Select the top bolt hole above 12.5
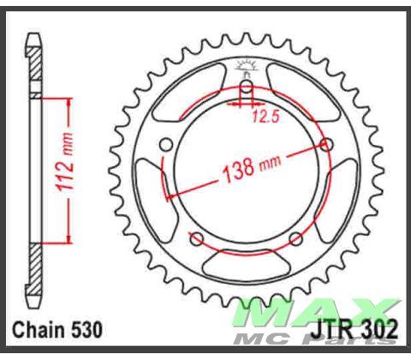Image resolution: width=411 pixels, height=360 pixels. coord(246,87)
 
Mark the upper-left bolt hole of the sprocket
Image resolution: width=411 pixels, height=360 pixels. coord(168,143)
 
